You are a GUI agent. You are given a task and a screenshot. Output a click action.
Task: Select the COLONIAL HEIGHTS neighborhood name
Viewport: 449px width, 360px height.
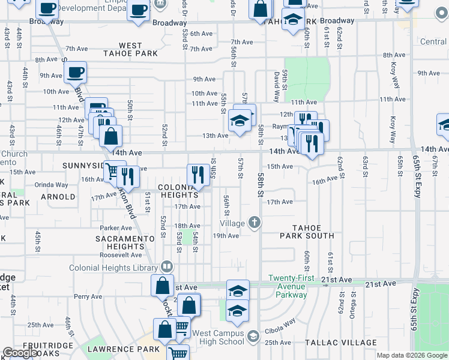[178, 191]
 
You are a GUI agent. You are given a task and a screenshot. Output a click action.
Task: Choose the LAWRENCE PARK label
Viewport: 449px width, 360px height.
[123, 349]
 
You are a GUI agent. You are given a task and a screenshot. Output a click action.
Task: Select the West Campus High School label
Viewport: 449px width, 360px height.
[218, 337]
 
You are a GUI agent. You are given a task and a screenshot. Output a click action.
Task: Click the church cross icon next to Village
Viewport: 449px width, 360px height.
[255, 223]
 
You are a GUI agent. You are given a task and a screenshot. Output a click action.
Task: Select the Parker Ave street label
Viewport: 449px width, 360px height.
[116, 228]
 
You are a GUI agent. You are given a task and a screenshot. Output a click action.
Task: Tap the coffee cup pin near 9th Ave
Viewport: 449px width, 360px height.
[75, 73]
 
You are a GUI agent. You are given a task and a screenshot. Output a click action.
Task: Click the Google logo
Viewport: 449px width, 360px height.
[20, 353]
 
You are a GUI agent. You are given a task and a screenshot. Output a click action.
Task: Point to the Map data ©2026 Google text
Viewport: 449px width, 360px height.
[412, 355]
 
